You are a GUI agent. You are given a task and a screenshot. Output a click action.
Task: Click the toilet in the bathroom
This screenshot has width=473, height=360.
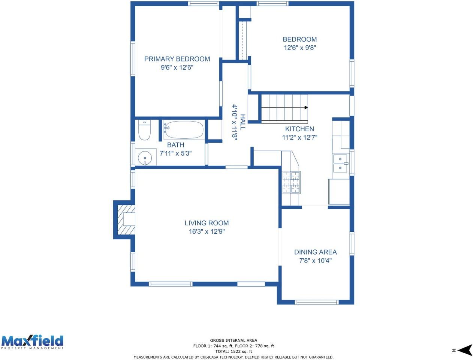click(x=144, y=130)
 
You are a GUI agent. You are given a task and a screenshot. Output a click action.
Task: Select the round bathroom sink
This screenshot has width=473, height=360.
click(x=145, y=157)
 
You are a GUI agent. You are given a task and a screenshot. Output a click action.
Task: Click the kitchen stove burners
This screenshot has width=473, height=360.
click(x=291, y=182)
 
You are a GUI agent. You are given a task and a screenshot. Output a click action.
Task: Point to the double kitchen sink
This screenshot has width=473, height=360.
click(x=340, y=163)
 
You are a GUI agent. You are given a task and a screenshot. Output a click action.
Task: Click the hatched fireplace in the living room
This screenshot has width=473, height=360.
click(x=126, y=220)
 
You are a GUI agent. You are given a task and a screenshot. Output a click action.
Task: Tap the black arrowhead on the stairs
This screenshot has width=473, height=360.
click(x=306, y=107)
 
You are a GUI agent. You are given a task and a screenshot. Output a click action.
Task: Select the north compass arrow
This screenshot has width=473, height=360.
click(x=465, y=350)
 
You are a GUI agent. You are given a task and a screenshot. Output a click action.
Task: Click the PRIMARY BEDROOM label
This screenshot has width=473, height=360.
click(x=177, y=59)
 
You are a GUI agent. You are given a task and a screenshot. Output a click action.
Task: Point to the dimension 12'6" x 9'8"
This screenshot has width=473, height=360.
click(x=300, y=48)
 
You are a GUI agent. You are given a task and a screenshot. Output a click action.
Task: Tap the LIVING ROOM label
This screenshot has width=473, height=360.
click(x=207, y=223)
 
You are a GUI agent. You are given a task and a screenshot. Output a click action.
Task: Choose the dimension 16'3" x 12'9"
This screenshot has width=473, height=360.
click(x=207, y=231)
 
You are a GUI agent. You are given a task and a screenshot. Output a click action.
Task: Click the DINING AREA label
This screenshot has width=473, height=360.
click(x=315, y=252)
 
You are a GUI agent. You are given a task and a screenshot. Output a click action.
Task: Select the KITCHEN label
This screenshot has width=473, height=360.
click(x=299, y=129)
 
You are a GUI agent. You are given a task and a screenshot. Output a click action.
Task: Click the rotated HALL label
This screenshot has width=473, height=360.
click(x=242, y=122)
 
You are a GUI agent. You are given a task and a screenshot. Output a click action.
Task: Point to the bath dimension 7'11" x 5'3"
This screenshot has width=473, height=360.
click(x=176, y=153)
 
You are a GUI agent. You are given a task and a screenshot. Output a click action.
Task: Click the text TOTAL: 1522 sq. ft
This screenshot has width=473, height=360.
click(x=234, y=351)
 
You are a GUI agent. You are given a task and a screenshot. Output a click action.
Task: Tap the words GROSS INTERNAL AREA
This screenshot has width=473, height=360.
click(x=234, y=340)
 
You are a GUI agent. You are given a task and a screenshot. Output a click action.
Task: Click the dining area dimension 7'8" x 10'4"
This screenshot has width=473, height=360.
click(x=315, y=261)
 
